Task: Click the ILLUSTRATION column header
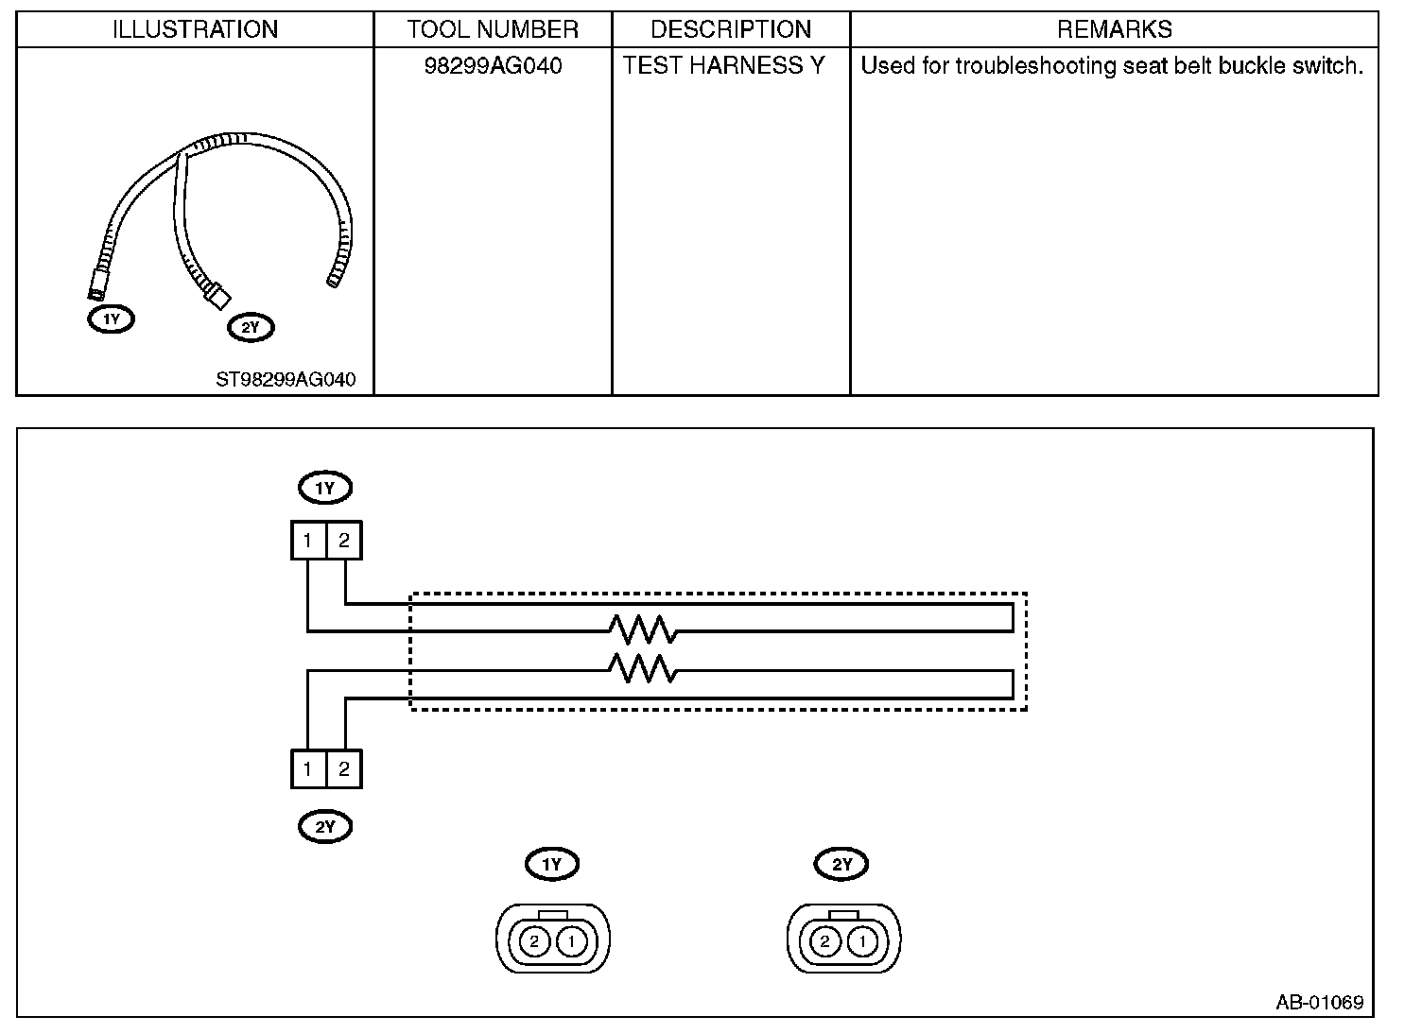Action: (x=195, y=29)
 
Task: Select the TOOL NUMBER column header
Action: (x=493, y=29)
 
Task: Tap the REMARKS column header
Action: (x=1114, y=29)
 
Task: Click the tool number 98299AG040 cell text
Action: (x=493, y=65)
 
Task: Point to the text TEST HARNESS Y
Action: (x=723, y=65)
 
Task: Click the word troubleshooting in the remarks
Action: (x=1036, y=66)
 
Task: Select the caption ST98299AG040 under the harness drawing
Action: (x=286, y=379)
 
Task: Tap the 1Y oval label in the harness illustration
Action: (x=112, y=319)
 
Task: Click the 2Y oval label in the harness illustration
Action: (x=251, y=328)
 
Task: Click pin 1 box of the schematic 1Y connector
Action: (x=308, y=541)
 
